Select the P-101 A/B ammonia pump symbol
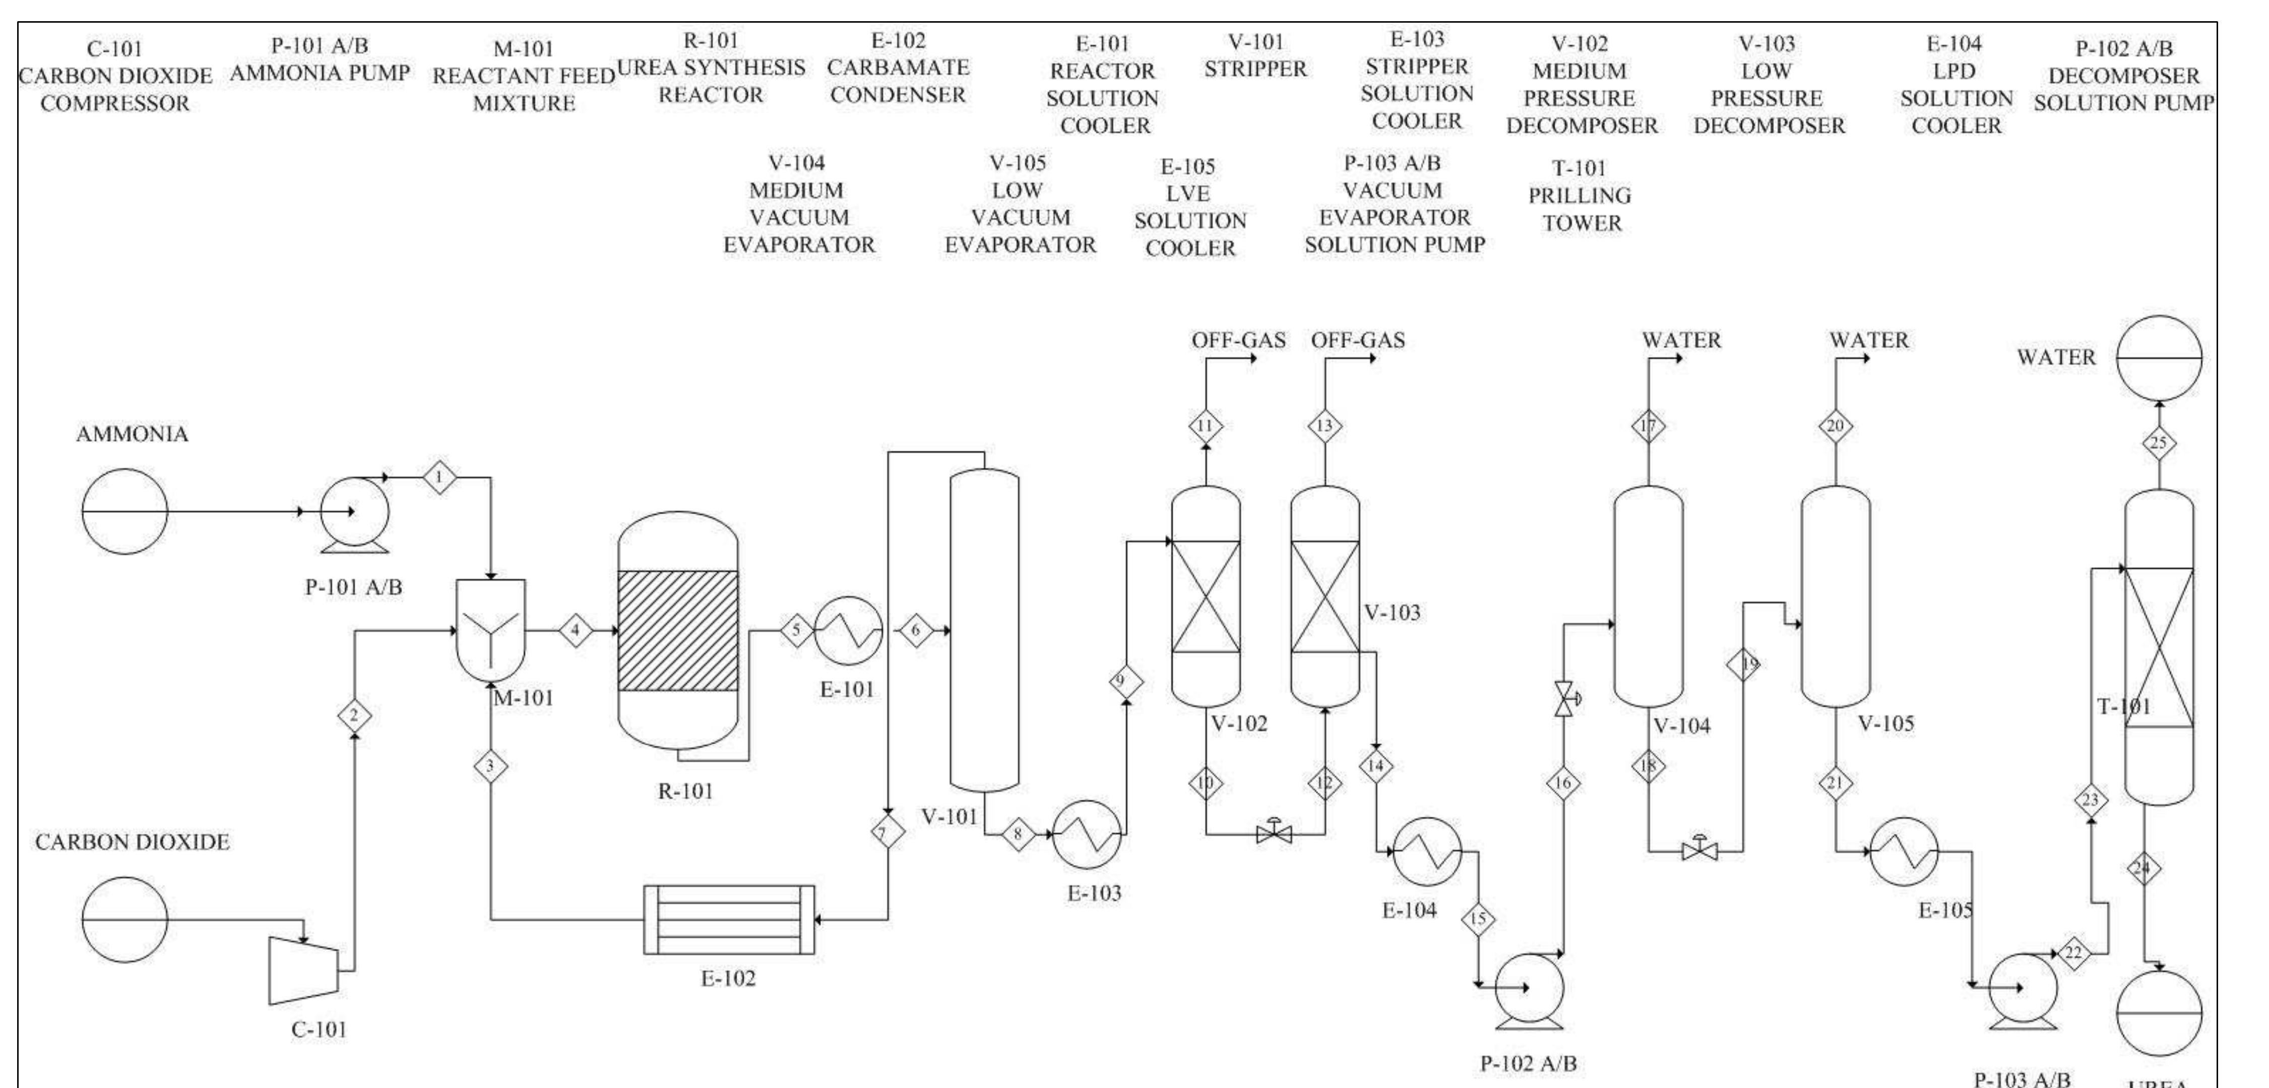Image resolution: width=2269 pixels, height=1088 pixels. (x=354, y=513)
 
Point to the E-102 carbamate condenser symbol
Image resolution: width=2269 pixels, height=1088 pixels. (x=728, y=920)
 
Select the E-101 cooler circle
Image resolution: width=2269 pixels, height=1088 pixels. (x=847, y=631)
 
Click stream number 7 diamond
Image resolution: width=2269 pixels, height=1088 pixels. (x=887, y=832)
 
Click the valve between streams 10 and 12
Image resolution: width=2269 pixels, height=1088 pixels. (x=1274, y=832)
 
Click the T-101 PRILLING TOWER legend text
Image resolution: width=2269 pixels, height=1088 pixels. (x=1580, y=196)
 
